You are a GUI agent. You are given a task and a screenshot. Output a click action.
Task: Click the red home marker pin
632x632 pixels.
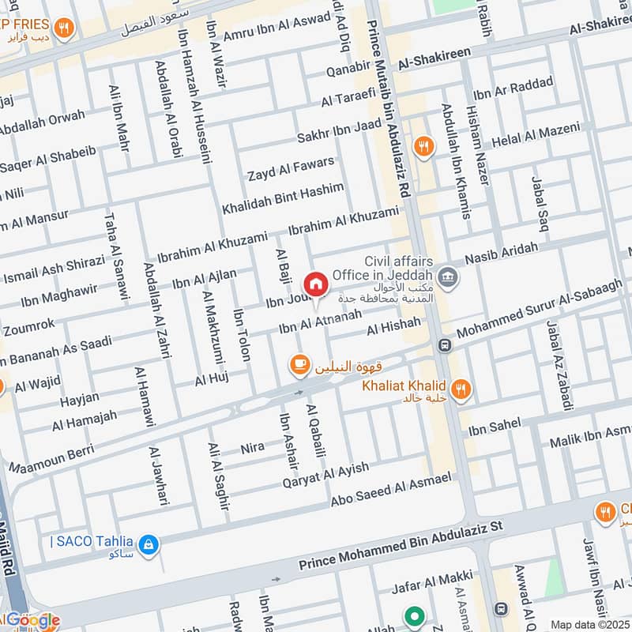315,284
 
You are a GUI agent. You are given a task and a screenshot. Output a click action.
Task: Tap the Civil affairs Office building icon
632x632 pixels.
448,277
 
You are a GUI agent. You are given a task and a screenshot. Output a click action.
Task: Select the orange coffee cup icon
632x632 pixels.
299,363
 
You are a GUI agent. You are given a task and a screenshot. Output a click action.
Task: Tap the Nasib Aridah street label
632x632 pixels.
502,254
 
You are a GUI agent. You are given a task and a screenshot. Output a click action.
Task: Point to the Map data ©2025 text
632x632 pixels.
589,624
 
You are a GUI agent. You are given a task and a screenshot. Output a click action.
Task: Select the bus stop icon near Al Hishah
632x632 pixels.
445,346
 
